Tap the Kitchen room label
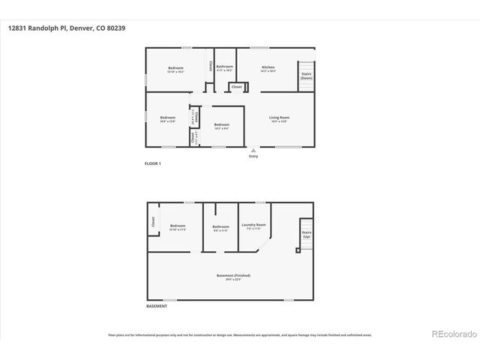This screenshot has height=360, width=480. [268, 69]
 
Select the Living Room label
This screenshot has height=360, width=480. [280, 118]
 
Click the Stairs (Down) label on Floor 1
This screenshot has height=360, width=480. [306, 76]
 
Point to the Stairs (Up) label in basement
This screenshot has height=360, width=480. [306, 235]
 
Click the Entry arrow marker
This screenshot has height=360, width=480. [253, 151]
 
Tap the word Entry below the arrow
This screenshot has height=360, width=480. [253, 157]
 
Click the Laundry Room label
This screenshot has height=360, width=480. [253, 226]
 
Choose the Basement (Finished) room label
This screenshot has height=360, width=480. [229, 277]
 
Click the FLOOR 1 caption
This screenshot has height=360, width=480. [153, 163]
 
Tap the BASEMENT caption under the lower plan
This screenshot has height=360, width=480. [157, 306]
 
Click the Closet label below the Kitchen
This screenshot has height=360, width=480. [236, 87]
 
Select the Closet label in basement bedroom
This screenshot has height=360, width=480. [153, 222]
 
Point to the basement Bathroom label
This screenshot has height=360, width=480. [220, 227]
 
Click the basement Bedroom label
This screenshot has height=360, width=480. [178, 227]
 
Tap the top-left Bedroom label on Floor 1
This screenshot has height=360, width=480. [175, 69]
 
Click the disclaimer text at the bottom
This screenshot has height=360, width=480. [239, 335]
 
